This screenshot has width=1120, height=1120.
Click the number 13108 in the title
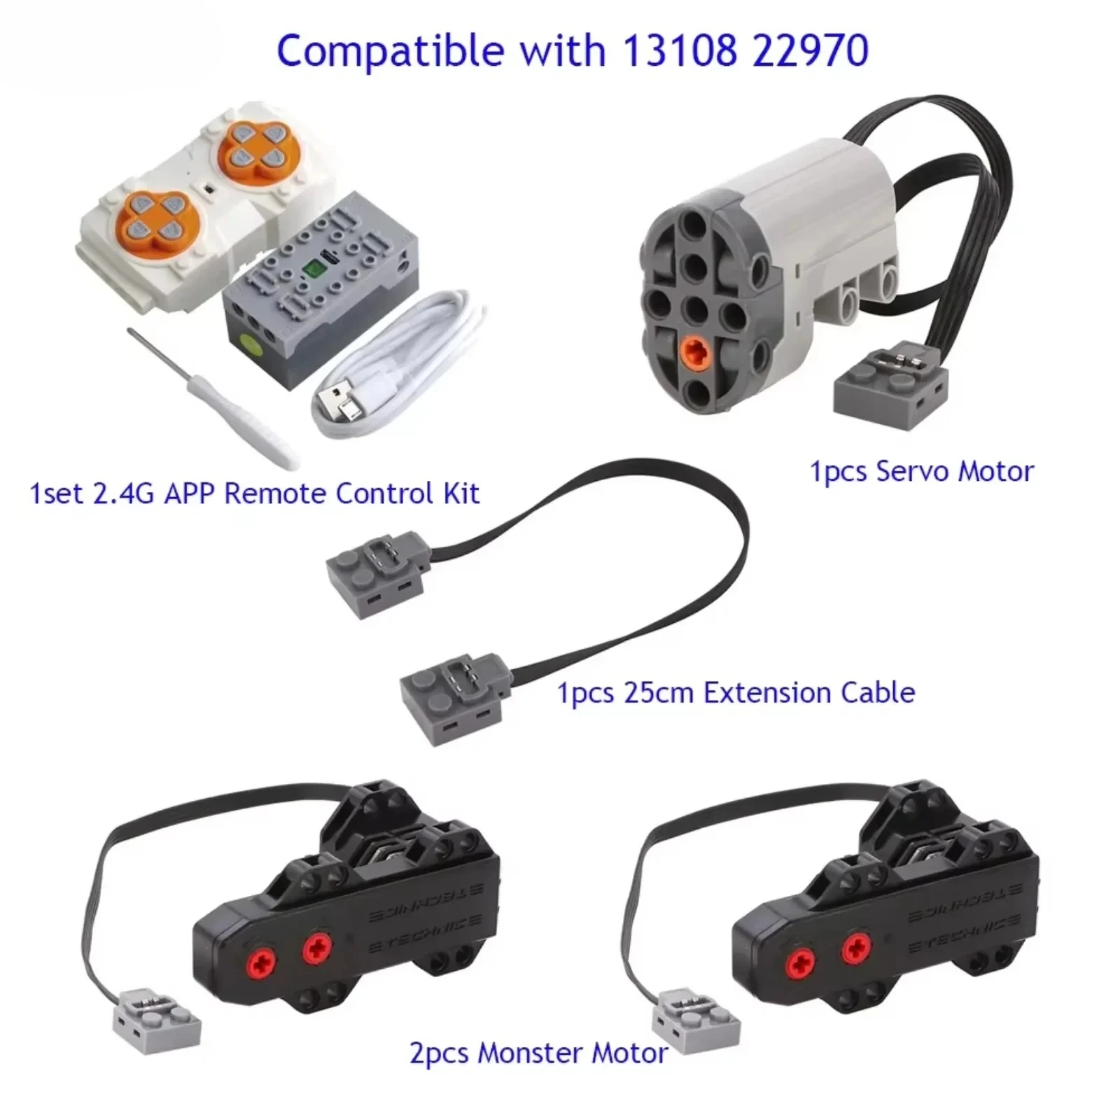(678, 50)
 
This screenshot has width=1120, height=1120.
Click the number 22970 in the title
(811, 50)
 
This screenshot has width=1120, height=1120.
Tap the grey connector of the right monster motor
(695, 1022)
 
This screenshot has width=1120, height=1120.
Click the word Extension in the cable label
(767, 693)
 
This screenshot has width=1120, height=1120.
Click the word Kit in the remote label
(461, 493)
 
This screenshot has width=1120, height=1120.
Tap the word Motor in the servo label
(995, 471)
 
